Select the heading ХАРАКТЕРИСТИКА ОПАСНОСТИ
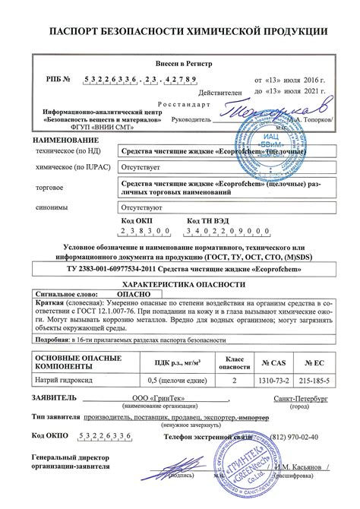pos(180,280)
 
